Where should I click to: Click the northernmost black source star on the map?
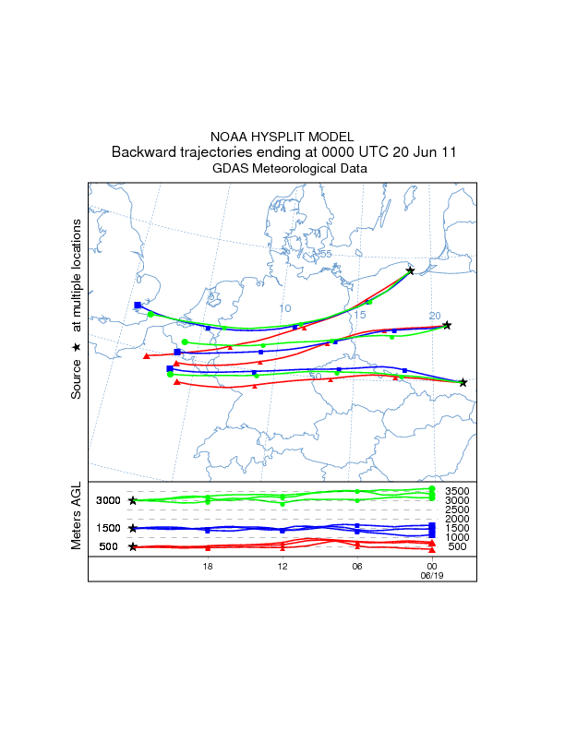(x=411, y=270)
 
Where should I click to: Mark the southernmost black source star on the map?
(x=463, y=382)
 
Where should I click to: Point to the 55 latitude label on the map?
(x=325, y=254)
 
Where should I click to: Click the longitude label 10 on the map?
(x=285, y=308)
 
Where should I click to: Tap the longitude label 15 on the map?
(x=360, y=315)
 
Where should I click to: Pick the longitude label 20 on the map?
(x=435, y=316)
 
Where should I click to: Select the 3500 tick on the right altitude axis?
(x=459, y=491)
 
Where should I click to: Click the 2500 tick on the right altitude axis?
(x=459, y=509)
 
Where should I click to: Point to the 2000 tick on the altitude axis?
(x=459, y=519)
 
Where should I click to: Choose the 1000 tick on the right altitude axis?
(x=459, y=537)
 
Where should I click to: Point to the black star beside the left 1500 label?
(x=133, y=528)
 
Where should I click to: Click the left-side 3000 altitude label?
(x=109, y=500)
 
